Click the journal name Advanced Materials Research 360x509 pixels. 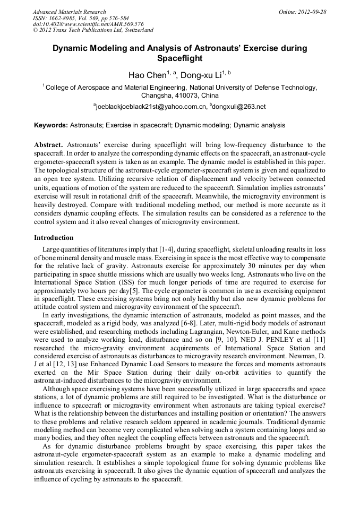69,12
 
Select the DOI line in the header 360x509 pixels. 88,24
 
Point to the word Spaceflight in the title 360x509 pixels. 181,58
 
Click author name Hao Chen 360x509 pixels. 147,75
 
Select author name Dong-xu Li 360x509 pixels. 204,75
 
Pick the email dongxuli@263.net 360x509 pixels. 239,107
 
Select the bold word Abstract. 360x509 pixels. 48,144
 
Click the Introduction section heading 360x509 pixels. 54,237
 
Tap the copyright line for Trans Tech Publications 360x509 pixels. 93,30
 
